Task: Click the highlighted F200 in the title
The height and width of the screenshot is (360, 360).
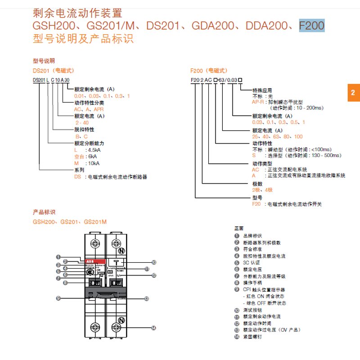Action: (311, 26)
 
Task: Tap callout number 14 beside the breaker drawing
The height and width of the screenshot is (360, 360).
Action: (154, 328)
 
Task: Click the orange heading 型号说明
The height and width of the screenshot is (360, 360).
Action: (44, 61)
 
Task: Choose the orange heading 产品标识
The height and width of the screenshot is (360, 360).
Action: (44, 211)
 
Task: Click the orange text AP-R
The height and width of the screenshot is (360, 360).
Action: (259, 102)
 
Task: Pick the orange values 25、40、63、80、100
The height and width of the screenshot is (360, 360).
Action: (277, 136)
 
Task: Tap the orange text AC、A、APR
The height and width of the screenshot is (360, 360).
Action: (89, 109)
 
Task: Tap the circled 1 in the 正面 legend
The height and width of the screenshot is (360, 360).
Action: (237, 235)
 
